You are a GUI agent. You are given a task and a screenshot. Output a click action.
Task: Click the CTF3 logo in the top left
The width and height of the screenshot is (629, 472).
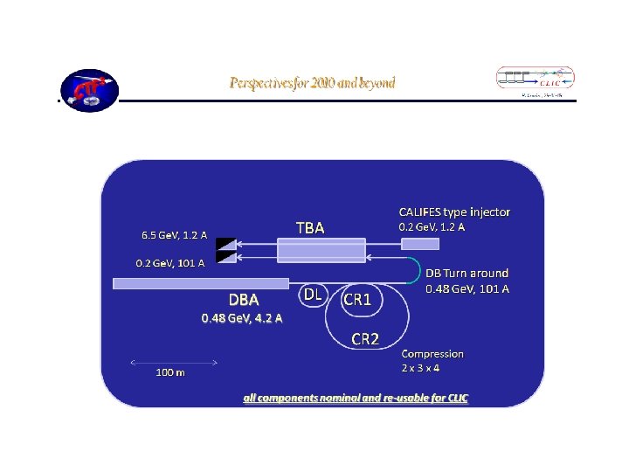point(88,89)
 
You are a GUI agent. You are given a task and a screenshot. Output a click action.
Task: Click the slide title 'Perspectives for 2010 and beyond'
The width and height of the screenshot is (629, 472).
point(312,83)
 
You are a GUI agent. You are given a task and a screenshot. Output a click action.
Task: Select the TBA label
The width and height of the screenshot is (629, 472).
point(310,227)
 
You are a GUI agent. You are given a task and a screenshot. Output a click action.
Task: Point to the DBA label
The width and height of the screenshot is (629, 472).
point(244,300)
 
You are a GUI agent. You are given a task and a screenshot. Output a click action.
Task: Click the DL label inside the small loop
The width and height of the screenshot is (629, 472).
point(311,295)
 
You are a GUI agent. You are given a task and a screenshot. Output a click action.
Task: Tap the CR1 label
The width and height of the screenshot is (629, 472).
point(356,299)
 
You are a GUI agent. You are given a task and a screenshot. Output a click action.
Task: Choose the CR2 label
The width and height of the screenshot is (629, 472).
point(364,338)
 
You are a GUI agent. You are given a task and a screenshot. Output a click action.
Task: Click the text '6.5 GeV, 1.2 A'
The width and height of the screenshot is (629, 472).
point(175,234)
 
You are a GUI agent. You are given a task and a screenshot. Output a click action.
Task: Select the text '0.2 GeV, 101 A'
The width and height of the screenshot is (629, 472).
point(169,262)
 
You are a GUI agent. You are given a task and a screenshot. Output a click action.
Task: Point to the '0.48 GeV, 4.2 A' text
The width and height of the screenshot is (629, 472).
point(242,318)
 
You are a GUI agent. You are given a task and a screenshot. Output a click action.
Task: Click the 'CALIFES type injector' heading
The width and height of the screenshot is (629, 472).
point(454,212)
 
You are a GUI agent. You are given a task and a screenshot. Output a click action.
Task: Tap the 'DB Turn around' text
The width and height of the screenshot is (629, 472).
point(467,274)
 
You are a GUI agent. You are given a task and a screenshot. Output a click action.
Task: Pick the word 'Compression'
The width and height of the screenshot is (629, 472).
point(432,354)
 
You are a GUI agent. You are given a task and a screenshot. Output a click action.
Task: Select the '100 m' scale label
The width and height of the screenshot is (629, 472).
point(170,372)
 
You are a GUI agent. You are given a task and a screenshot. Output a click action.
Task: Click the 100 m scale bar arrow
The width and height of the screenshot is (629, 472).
point(173,361)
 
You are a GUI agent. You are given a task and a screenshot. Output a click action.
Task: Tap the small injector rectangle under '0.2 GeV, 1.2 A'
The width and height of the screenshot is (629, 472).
point(420,244)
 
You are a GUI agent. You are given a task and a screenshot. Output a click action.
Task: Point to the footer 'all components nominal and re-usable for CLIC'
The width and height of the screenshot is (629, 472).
point(356,398)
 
